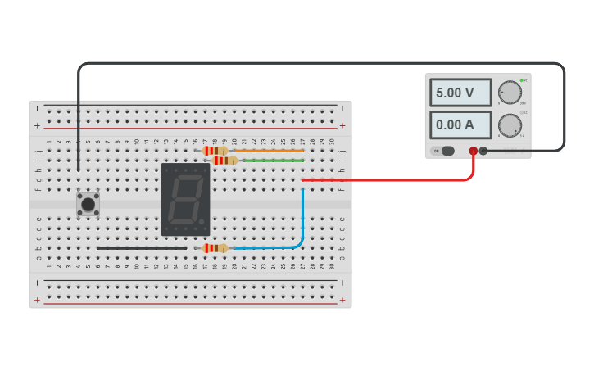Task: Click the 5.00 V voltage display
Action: [x=460, y=93]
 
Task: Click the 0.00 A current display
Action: [x=460, y=124]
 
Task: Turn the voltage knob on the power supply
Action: [x=510, y=93]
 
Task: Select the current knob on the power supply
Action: [x=510, y=125]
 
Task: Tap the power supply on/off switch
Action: [x=447, y=151]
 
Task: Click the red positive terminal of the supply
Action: [x=473, y=151]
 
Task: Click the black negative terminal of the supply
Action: [x=483, y=151]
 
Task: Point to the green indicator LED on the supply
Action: [x=521, y=80]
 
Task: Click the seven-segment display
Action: [x=185, y=199]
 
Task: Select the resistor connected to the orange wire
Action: [x=215, y=151]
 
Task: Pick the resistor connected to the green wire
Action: [x=224, y=161]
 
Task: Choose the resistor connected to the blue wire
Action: [x=215, y=248]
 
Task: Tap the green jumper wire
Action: [x=270, y=161]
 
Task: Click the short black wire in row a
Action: [x=141, y=247]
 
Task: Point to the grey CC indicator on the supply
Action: [x=521, y=112]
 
